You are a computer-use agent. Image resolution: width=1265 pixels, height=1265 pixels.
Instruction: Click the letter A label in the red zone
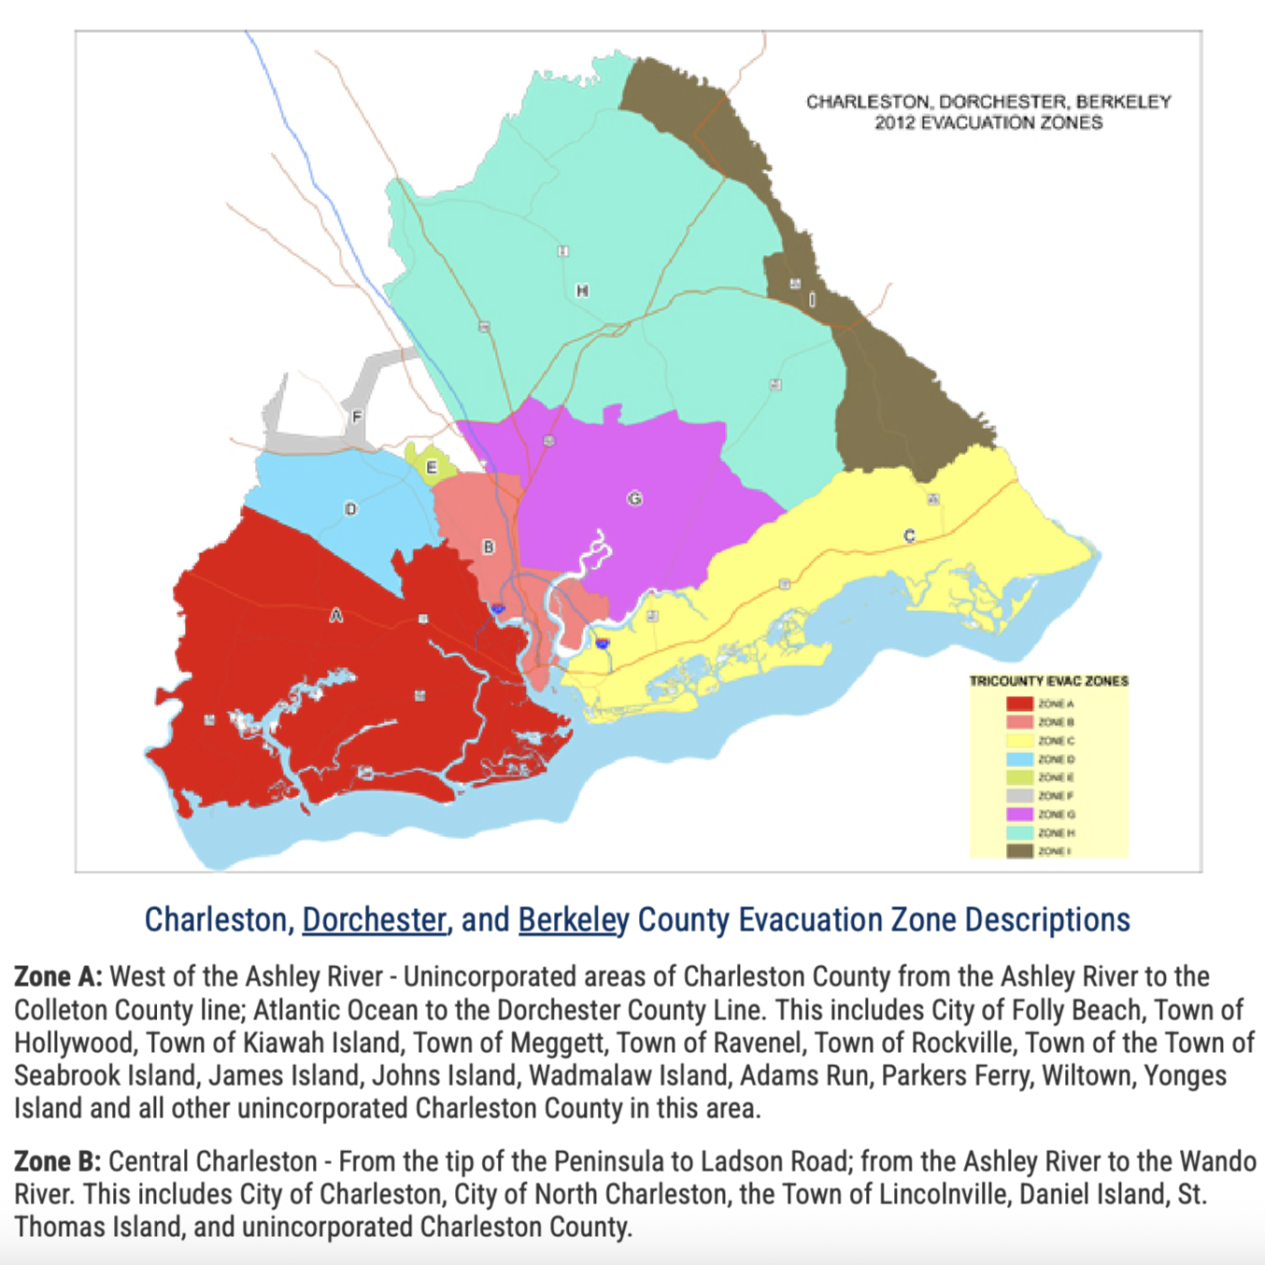(336, 615)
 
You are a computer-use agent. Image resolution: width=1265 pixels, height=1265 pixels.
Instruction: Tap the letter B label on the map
(488, 547)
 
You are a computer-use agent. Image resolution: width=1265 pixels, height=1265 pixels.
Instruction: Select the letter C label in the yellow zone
(909, 535)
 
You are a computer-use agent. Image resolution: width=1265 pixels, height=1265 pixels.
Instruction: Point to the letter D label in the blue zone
(351, 509)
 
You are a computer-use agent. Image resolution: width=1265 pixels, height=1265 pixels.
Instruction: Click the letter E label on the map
(431, 467)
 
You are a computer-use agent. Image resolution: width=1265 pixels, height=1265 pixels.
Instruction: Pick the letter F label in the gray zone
(357, 417)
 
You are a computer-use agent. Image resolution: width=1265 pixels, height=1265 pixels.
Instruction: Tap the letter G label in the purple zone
(634, 498)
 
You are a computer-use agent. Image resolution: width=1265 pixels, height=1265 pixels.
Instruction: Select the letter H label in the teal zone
(582, 291)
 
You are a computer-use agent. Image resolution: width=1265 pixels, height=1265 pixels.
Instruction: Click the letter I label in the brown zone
(812, 299)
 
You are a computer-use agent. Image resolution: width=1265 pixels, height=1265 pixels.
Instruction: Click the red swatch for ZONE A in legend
(1019, 704)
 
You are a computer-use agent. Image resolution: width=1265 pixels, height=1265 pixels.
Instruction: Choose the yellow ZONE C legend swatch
(1019, 741)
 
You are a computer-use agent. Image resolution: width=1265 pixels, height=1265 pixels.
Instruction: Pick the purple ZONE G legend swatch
(1019, 815)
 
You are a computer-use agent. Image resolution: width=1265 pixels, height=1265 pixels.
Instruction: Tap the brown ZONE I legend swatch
(1019, 851)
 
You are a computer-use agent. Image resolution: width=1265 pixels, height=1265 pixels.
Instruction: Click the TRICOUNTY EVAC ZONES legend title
(1048, 681)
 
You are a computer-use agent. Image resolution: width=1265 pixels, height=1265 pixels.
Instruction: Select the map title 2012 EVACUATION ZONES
(988, 122)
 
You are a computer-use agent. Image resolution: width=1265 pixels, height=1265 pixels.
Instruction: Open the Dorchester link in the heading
(374, 919)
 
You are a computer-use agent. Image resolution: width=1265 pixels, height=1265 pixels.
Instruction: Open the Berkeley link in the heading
(574, 919)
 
